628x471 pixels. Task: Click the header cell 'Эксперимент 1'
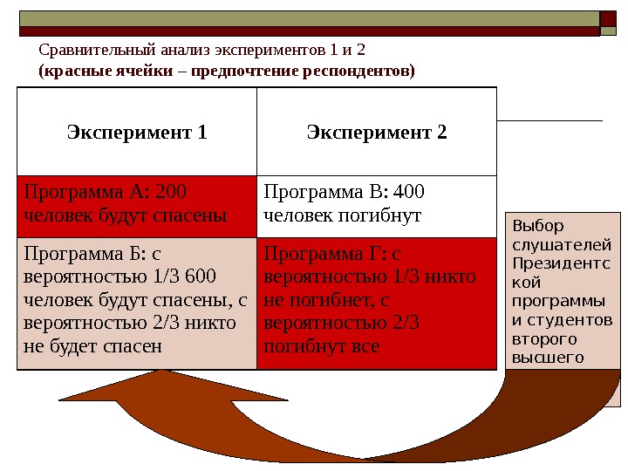pos(137,133)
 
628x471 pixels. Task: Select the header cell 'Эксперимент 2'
pos(377,133)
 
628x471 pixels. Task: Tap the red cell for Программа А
pos(137,206)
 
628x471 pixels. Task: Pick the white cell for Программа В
pos(377,206)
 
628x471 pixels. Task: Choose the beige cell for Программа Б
pos(137,302)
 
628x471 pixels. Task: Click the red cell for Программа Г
pos(377,302)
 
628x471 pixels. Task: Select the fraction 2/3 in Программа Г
pos(400,323)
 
